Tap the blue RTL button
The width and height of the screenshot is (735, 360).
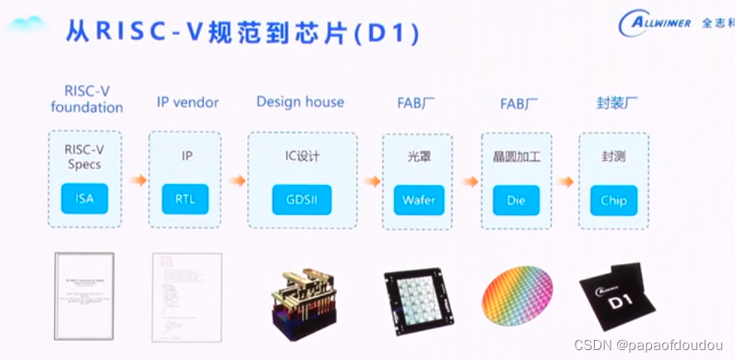[x=184, y=199]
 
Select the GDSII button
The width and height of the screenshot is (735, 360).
[x=302, y=200]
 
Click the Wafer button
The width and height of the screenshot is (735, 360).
[x=418, y=200]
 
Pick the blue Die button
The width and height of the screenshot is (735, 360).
[x=515, y=200]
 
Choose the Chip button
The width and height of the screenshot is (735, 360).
[x=613, y=200]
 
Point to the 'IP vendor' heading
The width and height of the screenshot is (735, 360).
[x=187, y=103]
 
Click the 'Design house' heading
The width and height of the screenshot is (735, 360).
[x=299, y=102]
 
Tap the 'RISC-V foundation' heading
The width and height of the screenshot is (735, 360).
[x=86, y=99]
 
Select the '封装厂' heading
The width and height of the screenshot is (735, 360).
[x=613, y=103]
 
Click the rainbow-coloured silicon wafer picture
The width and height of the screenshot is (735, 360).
[x=517, y=294]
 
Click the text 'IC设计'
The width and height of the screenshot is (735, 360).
[x=302, y=155]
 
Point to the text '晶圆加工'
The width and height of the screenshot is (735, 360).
[x=516, y=155]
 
